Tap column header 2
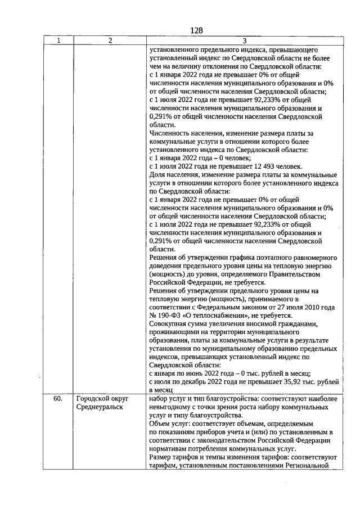(110, 40)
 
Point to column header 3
(244, 40)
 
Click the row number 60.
(58, 399)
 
